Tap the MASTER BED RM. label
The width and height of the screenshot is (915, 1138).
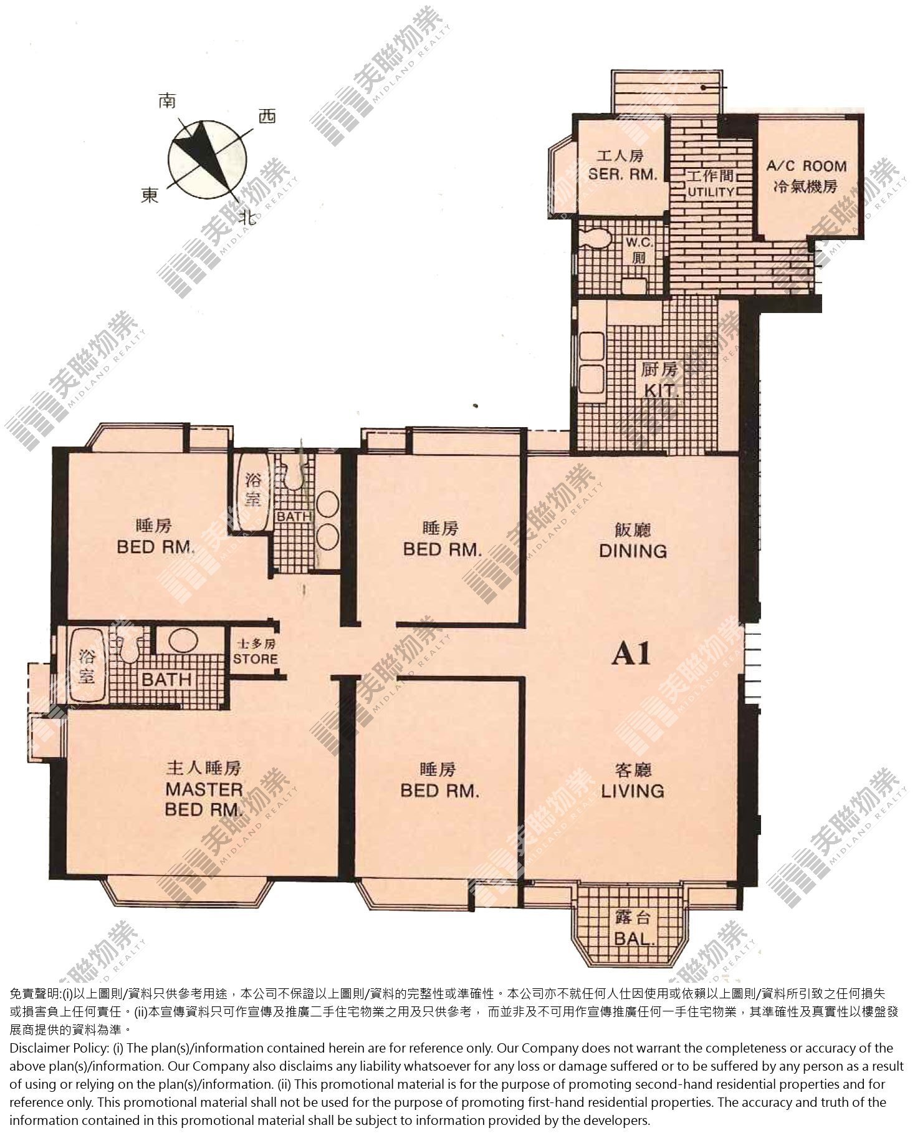pos(204,799)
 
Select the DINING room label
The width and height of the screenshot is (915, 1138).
pos(633,551)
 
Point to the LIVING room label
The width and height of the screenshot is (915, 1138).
pos(633,791)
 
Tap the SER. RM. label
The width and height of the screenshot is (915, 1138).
pos(623,174)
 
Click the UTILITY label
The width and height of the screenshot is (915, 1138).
pos(711,191)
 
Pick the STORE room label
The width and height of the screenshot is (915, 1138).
pos(256,658)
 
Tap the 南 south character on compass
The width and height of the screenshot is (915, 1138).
pos(166,101)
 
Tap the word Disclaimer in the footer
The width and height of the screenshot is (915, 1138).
pos(39,1048)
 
